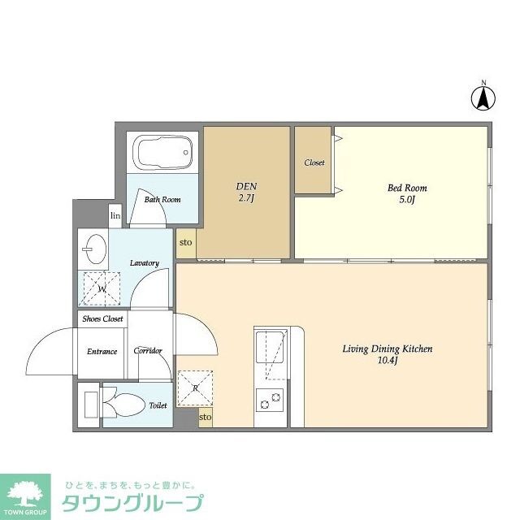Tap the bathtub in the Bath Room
point(164,152)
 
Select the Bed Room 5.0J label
point(406,193)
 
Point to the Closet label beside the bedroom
point(314,162)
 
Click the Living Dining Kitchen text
point(386,354)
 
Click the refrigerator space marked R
point(196,388)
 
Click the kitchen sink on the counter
point(271,349)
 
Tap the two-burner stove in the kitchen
point(270,400)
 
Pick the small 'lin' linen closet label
point(115,216)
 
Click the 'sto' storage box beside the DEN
point(186,242)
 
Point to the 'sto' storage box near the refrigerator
point(206,417)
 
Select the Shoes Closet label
point(102,319)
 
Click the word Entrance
point(102,352)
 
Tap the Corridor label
point(148,351)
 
